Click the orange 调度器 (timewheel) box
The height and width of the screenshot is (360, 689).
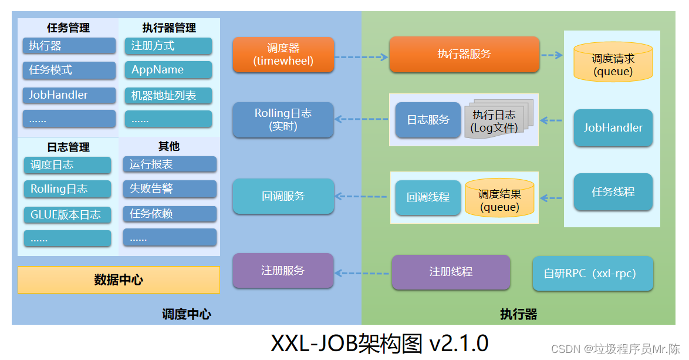click(283, 55)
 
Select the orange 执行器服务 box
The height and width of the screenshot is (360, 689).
click(464, 55)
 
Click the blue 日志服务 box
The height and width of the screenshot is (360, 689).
click(428, 120)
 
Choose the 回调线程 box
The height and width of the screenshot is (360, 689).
click(428, 197)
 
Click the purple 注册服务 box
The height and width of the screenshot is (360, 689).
click(283, 271)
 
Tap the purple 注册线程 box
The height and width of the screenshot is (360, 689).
click(451, 272)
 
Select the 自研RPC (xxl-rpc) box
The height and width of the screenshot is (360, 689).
click(593, 273)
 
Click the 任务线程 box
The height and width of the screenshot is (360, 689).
click(613, 192)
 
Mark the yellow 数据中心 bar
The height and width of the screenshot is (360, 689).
click(119, 280)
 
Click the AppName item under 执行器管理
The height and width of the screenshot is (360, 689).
click(168, 70)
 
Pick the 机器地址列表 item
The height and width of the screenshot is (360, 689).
click(168, 95)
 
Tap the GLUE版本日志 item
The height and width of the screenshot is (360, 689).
click(67, 214)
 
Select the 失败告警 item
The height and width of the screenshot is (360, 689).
click(170, 189)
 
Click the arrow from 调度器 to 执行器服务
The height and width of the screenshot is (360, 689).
click(361, 57)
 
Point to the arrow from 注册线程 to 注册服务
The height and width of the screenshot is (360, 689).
click(362, 272)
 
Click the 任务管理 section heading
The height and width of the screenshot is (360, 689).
click(68, 28)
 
